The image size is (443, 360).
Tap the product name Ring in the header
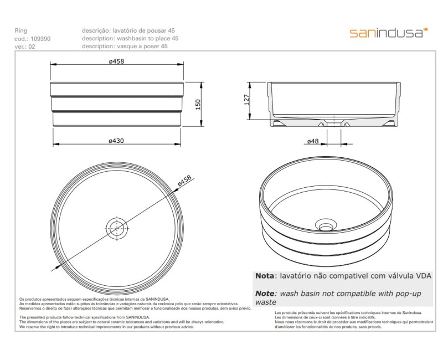pyautogui.click(x=20, y=31)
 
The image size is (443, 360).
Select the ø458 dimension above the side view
pyautogui.click(x=116, y=61)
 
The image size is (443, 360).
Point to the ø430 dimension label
pyautogui.click(x=116, y=141)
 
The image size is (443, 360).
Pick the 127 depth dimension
pyautogui.click(x=247, y=100)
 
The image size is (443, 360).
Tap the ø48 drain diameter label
pyautogui.click(x=313, y=142)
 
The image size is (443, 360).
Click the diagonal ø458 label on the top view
pyautogui.click(x=184, y=182)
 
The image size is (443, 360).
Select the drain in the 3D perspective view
pyautogui.click(x=325, y=225)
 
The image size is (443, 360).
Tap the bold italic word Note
pyautogui.click(x=266, y=293)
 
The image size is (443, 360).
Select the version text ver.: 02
pyautogui.click(x=24, y=47)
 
